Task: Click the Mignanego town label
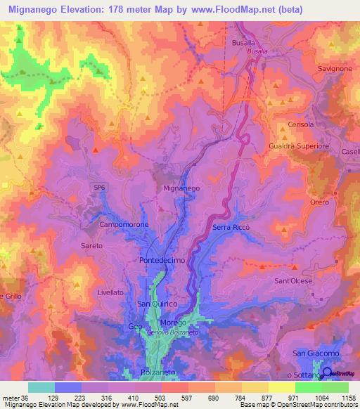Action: pyautogui.click(x=181, y=189)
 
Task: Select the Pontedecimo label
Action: pyautogui.click(x=162, y=259)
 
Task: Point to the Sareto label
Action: pyautogui.click(x=91, y=246)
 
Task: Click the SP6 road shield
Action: pyautogui.click(x=101, y=186)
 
